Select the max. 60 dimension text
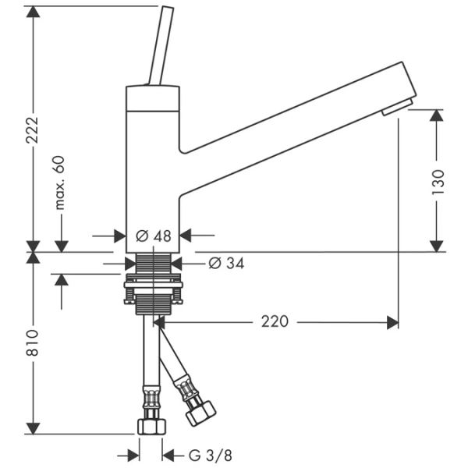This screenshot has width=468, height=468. point(60,183)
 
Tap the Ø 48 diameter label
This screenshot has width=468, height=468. point(153,235)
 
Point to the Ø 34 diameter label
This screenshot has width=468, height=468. point(226,264)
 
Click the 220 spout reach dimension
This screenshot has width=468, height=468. point(275,321)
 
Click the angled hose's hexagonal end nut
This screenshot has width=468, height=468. point(201,412)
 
